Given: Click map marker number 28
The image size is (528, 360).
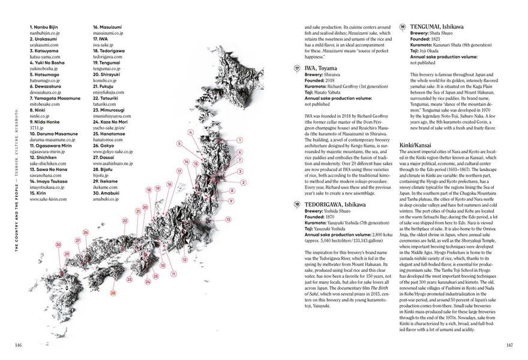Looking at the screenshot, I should (x=113, y=293).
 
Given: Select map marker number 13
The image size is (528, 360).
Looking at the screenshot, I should (x=228, y=220).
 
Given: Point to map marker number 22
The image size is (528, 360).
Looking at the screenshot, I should (x=124, y=220).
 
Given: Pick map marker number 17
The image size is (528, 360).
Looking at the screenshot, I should (x=178, y=171).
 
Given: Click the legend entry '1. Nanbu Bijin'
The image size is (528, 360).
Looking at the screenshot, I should (x=46, y=28).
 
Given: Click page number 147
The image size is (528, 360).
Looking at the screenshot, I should (x=509, y=345).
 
